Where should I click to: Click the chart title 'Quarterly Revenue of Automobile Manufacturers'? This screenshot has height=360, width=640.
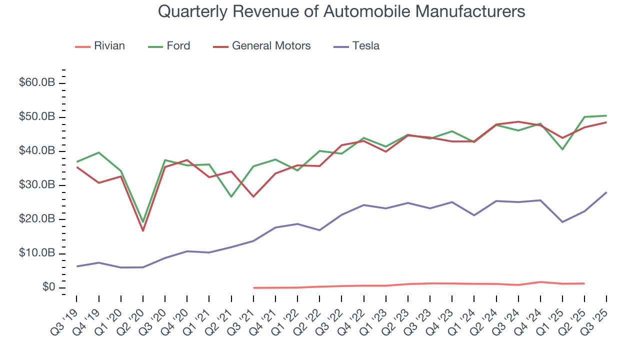[341, 11]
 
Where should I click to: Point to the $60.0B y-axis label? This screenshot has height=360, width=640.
[36, 83]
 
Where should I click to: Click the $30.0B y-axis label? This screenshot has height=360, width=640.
[36, 185]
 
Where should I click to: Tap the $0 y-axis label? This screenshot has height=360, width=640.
[48, 288]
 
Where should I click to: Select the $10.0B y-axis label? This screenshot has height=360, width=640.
[36, 253]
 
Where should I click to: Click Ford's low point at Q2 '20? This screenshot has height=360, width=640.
[143, 222]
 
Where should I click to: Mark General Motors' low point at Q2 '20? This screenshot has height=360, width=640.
[143, 230]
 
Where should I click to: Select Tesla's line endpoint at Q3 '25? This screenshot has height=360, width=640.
[606, 192]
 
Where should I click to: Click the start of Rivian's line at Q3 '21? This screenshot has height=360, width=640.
[253, 288]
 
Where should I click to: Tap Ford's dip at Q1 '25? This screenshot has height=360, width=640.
[562, 149]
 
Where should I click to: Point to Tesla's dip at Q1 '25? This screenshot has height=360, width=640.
[562, 222]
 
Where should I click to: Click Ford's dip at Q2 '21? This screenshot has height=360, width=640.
[231, 196]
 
